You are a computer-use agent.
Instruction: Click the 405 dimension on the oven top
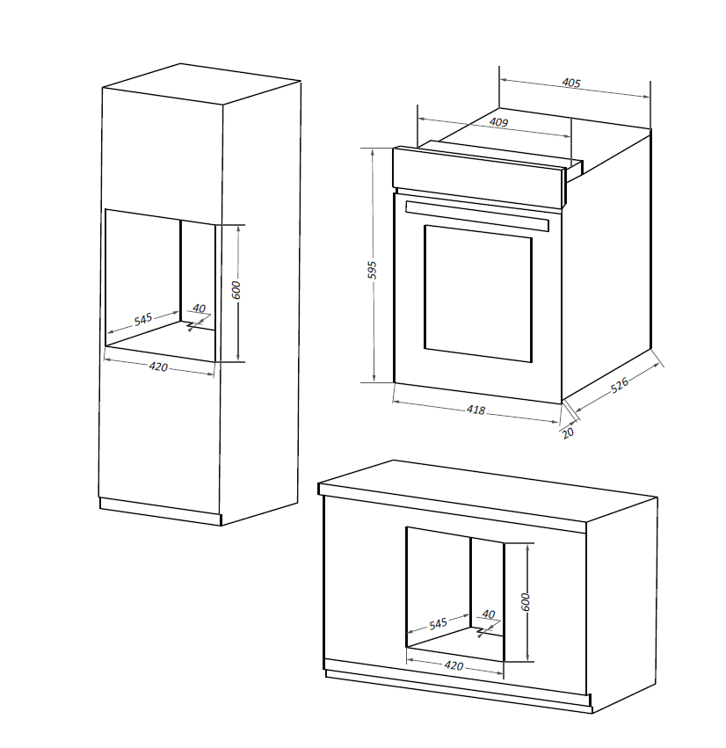[571, 84]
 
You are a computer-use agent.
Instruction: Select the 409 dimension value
[498, 123]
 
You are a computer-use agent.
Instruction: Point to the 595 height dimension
[372, 269]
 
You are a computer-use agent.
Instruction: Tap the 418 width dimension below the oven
[476, 410]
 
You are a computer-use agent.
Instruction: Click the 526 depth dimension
[620, 385]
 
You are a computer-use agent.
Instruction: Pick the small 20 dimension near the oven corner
[567, 432]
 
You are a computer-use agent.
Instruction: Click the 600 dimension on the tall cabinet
[236, 289]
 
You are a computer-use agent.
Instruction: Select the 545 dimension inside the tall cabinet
[143, 318]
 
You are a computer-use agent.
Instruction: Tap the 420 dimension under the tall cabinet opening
[157, 367]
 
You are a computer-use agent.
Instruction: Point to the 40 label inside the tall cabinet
[199, 309]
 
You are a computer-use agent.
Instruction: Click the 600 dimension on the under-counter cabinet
[526, 602]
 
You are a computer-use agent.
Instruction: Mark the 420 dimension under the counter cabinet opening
[454, 666]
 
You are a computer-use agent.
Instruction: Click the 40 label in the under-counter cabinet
[489, 614]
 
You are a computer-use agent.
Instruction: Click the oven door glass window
[477, 293]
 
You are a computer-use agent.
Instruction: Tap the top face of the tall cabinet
[202, 84]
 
